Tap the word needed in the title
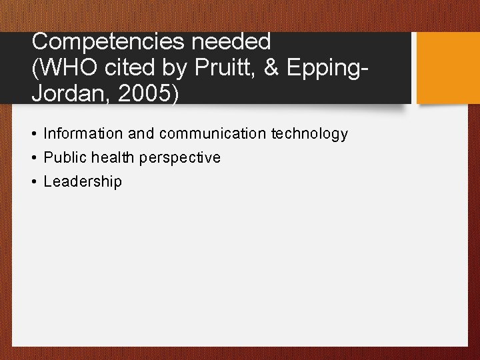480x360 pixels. click(231, 42)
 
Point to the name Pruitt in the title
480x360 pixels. click(218, 67)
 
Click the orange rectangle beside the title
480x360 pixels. click(448, 67)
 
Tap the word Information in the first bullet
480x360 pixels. click(83, 134)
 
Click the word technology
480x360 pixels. click(309, 134)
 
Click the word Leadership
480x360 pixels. click(83, 182)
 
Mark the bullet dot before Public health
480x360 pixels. click(33, 158)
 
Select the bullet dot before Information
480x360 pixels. click(33, 134)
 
